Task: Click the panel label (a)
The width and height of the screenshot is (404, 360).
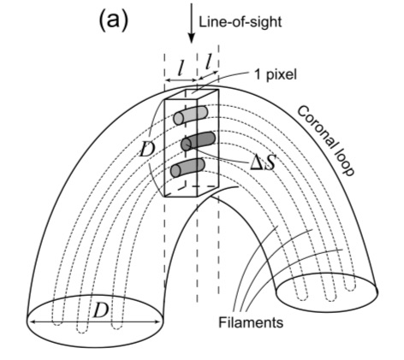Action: pyautogui.click(x=113, y=21)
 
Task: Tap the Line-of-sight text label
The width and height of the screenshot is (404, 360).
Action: pyautogui.click(x=241, y=22)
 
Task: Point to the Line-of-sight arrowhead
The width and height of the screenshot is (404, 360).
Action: pyautogui.click(x=192, y=38)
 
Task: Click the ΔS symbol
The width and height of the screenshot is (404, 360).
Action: pyautogui.click(x=263, y=163)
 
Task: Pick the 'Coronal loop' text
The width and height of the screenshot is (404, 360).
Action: pyautogui.click(x=326, y=140)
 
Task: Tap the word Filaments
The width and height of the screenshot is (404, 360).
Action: pyautogui.click(x=251, y=322)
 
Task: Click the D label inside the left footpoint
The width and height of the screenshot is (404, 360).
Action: pyautogui.click(x=100, y=310)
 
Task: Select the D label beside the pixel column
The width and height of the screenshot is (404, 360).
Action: pyautogui.click(x=147, y=150)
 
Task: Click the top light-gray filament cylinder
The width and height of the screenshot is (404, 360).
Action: pyautogui.click(x=190, y=115)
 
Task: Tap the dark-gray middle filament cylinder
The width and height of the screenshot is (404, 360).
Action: pyautogui.click(x=198, y=141)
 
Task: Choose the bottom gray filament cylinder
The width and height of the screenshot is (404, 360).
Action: pyautogui.click(x=187, y=168)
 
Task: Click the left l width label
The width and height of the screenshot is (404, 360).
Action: pyautogui.click(x=180, y=68)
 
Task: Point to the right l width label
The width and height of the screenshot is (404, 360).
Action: pyautogui.click(x=210, y=62)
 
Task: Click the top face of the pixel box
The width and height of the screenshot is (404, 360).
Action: pyautogui.click(x=192, y=94)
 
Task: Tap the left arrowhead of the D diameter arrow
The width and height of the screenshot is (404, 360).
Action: pyautogui.click(x=33, y=322)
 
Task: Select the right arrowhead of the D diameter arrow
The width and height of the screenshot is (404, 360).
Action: pyautogui.click(x=157, y=322)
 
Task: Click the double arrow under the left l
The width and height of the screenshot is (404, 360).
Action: pyautogui.click(x=181, y=80)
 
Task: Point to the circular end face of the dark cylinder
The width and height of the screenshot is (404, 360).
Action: pyautogui.click(x=187, y=145)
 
